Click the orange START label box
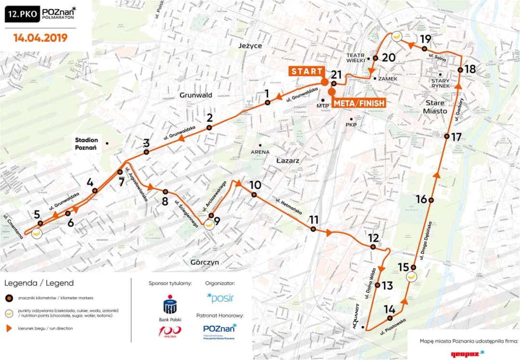tap(306, 71)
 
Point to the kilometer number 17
tap(456, 137)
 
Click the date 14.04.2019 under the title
tap(40, 38)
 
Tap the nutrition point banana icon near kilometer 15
tap(412, 277)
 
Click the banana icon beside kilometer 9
tap(209, 224)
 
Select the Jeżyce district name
tap(250, 46)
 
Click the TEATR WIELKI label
tap(356, 58)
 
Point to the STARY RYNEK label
tap(441, 83)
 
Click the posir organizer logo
tap(220, 297)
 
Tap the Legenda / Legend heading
tap(39, 283)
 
